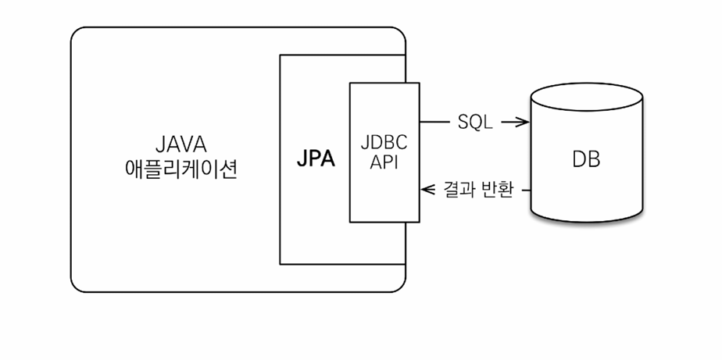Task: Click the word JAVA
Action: [181, 145]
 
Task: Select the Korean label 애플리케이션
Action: [181, 169]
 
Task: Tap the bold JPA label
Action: [316, 159]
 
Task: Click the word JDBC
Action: [384, 143]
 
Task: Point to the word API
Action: [384, 162]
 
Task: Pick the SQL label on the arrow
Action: [475, 122]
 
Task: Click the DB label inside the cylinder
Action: [586, 160]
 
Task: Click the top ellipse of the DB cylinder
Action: [587, 84]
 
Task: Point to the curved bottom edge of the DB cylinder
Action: [587, 222]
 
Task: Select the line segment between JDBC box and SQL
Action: [434, 122]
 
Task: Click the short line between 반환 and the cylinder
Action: [526, 190]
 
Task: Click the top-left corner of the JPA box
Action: [280, 55]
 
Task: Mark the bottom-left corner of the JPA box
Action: [280, 264]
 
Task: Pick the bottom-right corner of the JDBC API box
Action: [419, 222]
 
